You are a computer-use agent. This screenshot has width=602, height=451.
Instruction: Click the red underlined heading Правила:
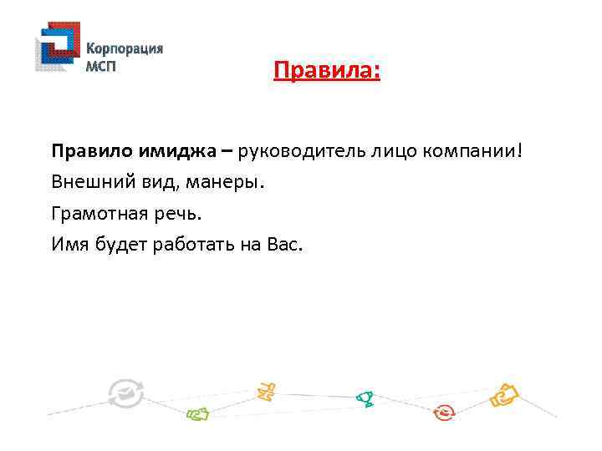pyautogui.click(x=326, y=71)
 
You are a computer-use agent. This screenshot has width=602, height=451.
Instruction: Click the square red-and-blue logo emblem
pyautogui.click(x=56, y=48)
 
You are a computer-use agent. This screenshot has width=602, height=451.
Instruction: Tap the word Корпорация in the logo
pyautogui.click(x=125, y=48)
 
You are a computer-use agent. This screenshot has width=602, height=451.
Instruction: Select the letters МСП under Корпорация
pyautogui.click(x=102, y=66)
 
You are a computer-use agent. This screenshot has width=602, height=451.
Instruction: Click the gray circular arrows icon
pyautogui.click(x=125, y=393)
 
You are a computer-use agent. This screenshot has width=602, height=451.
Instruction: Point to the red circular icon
pyautogui.click(x=444, y=412)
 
